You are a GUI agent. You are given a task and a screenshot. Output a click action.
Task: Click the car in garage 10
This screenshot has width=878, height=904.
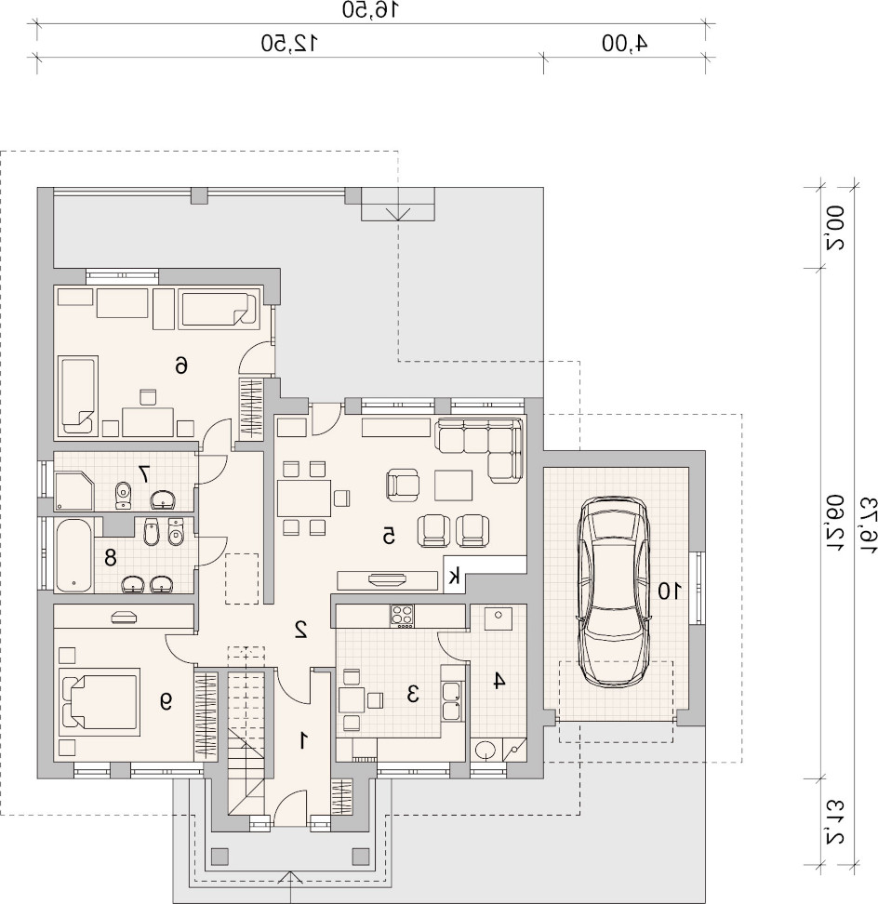(x=614, y=592)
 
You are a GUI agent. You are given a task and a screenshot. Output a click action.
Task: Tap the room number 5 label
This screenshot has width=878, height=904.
(x=389, y=536)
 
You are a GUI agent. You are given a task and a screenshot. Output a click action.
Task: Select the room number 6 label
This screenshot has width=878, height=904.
(x=181, y=365)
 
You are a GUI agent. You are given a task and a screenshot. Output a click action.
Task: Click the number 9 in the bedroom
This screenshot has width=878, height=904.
(x=166, y=700)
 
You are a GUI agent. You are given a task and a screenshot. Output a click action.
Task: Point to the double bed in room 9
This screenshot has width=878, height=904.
(x=100, y=701)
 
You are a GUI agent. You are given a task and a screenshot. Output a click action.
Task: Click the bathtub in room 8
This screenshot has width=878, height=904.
(x=73, y=556)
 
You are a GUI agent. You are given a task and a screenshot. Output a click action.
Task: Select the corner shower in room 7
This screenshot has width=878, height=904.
(x=73, y=491)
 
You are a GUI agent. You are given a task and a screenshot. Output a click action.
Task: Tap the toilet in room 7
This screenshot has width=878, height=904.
(x=123, y=495)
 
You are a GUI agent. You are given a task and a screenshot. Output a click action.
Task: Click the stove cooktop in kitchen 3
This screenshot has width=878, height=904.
(x=402, y=616)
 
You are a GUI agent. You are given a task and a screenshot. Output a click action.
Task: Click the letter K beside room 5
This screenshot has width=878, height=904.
(x=455, y=576)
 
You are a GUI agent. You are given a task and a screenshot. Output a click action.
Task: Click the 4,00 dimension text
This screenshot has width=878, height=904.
(x=625, y=44)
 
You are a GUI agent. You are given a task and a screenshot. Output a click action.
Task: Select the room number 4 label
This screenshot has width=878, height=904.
(x=498, y=680)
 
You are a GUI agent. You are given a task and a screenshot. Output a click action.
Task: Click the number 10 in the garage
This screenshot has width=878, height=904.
(x=670, y=591)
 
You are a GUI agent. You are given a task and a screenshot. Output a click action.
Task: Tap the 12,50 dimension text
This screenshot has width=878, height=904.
(x=290, y=44)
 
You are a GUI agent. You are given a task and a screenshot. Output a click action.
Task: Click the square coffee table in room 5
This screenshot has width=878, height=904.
(x=454, y=485)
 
